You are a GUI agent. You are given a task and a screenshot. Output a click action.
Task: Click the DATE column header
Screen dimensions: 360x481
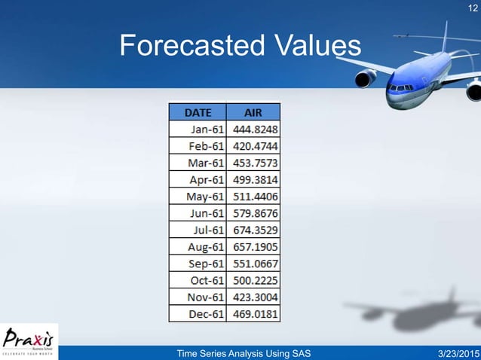[198, 112]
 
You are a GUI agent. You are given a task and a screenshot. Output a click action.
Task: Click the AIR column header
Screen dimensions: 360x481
[253, 112]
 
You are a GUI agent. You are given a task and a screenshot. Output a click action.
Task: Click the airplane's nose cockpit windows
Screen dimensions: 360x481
[400, 87]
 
